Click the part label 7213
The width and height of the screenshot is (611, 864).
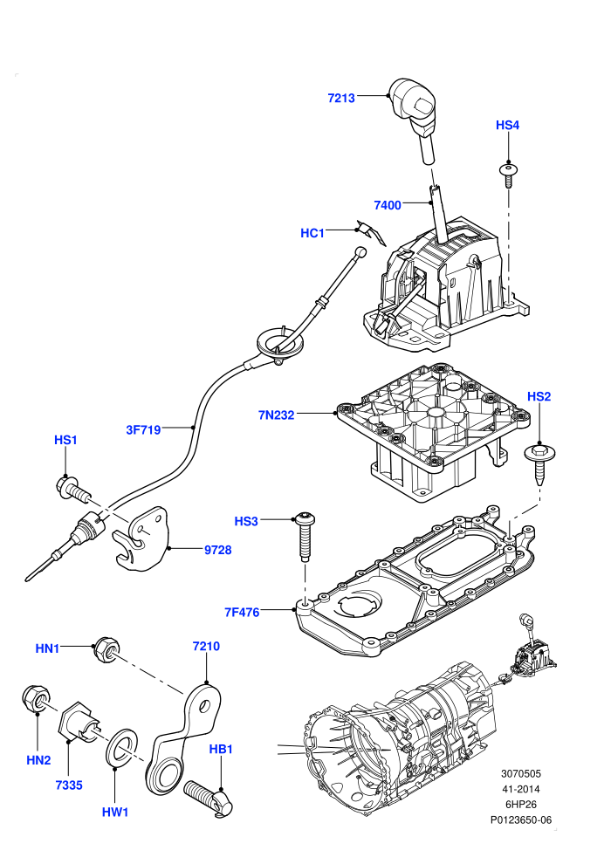coord(341,98)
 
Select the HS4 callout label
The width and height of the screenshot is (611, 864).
coord(507,125)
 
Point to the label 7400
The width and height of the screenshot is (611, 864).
coord(388,206)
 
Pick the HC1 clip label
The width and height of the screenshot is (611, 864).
coord(312,233)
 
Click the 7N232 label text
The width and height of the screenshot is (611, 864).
coord(276,415)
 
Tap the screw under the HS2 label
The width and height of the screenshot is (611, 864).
coord(539,463)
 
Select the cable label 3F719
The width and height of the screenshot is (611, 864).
coord(143,429)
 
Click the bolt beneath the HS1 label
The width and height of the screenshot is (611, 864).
coord(72,490)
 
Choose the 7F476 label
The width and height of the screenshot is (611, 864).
coord(242,612)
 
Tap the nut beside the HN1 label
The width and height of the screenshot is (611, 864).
coord(106,649)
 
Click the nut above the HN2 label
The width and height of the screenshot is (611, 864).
coord(37,698)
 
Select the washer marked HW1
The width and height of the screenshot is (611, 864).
coord(121,746)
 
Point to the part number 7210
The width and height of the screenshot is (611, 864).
coord(206,647)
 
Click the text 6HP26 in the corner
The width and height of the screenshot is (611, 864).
coord(520,805)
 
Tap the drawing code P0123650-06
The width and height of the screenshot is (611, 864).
coord(520,819)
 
